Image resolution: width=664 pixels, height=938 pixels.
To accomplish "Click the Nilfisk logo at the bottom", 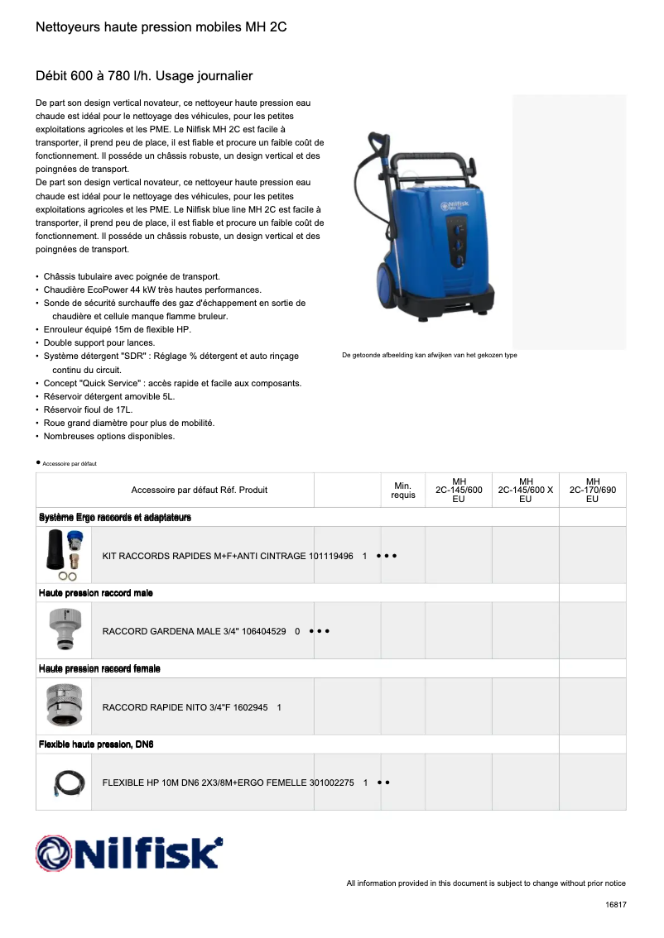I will click(x=129, y=853).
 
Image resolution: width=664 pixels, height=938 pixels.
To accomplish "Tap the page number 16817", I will click(x=615, y=905).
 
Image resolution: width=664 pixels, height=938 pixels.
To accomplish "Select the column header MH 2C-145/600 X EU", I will click(x=525, y=490).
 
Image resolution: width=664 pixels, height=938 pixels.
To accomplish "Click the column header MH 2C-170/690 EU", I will click(x=592, y=490).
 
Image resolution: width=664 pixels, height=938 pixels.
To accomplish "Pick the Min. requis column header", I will click(x=403, y=490).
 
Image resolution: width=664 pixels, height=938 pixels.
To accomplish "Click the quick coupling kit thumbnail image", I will click(x=63, y=555).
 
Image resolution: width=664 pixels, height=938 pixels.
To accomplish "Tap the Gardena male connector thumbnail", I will click(x=63, y=630).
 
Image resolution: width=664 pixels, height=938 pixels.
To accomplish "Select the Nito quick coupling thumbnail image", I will click(x=63, y=706).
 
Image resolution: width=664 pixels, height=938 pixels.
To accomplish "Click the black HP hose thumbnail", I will click(x=63, y=782).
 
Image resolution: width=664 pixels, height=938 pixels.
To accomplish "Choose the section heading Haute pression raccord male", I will click(x=96, y=593).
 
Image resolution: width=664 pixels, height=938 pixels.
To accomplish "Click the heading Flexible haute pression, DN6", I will click(x=96, y=744).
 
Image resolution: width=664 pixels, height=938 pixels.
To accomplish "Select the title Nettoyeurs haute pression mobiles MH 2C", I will click(x=161, y=27).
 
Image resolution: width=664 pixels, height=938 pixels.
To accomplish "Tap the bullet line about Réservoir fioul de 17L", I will click(x=88, y=409).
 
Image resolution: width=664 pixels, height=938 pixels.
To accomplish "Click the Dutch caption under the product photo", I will click(x=429, y=355).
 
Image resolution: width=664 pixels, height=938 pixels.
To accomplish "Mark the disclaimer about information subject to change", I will click(x=485, y=883).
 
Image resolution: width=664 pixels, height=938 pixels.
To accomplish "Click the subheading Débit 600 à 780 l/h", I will click(x=144, y=76).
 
